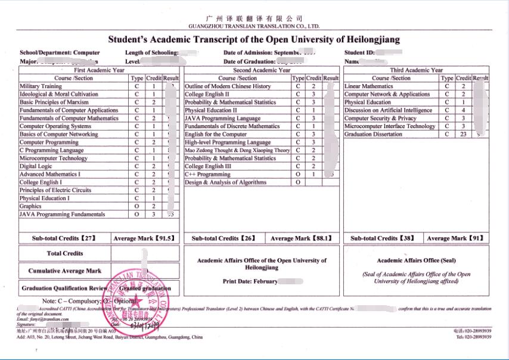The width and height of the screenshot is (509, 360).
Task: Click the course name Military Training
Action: tap(41, 86)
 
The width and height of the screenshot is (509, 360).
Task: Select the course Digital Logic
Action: tap(36, 166)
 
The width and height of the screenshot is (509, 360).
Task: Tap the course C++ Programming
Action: tap(207, 175)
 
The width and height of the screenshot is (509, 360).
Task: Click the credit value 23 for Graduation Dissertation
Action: tap(463, 135)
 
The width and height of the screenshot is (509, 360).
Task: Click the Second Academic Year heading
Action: tap(262, 70)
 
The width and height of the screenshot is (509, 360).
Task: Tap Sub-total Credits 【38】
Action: tap(383, 238)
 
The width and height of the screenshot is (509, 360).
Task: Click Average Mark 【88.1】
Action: tap(301, 238)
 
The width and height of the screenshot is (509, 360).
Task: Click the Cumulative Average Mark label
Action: tap(64, 271)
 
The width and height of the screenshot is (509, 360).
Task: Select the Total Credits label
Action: tap(64, 253)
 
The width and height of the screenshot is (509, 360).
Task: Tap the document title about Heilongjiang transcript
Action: tap(254, 40)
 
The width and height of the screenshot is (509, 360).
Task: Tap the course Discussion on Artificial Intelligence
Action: tap(388, 110)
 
